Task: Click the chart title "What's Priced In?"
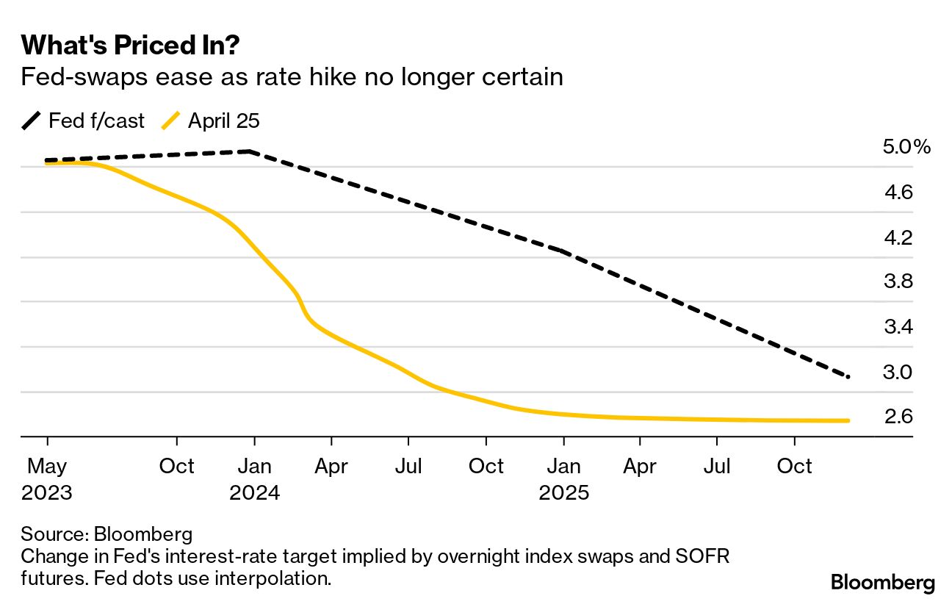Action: pyautogui.click(x=131, y=46)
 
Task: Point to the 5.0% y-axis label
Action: pyautogui.click(x=906, y=147)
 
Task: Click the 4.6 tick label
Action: pyautogui.click(x=898, y=193)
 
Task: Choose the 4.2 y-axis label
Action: pyautogui.click(x=898, y=237)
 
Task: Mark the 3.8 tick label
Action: pyautogui.click(x=898, y=282)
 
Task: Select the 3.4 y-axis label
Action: pyautogui.click(x=898, y=327)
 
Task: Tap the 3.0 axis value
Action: pyautogui.click(x=898, y=373)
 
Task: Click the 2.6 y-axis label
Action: pyautogui.click(x=898, y=417)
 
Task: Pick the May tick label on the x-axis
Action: pyautogui.click(x=47, y=466)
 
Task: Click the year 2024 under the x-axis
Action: pyautogui.click(x=254, y=492)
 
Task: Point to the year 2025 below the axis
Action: pyautogui.click(x=564, y=492)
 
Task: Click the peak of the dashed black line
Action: pyautogui.click(x=250, y=151)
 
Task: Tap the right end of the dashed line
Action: pyautogui.click(x=848, y=377)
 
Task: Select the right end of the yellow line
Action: pyautogui.click(x=848, y=420)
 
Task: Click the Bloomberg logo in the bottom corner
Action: pyautogui.click(x=883, y=583)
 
